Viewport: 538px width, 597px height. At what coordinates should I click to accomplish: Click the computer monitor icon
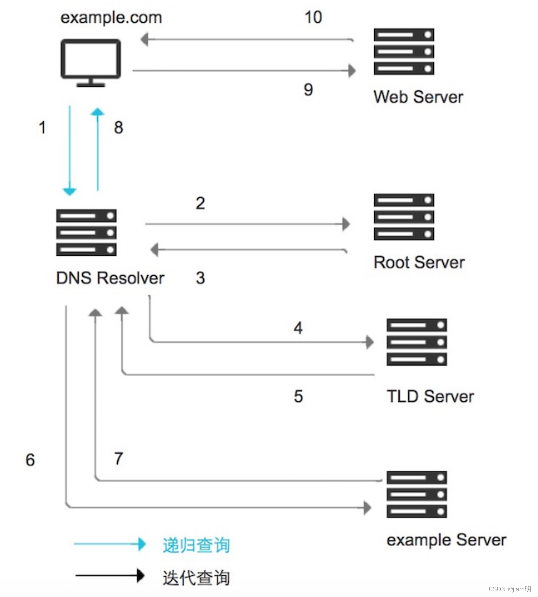pos(90,63)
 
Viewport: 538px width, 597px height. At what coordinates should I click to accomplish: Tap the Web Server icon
pos(404,52)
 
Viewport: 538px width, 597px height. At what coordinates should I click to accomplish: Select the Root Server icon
pos(404,217)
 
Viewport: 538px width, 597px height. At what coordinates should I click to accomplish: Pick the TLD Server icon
pos(417,342)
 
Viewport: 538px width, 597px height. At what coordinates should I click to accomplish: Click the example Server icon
pos(417,494)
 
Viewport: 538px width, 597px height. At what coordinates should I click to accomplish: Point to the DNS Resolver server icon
pos(86,233)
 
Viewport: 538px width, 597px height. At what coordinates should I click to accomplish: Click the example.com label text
pos(111,18)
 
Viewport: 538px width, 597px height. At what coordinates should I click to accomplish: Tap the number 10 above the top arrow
pos(313,17)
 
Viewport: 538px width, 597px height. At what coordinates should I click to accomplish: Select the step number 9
pos(308,90)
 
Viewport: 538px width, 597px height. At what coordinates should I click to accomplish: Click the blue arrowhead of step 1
pos(69,192)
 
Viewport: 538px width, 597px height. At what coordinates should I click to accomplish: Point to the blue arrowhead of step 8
pos(98,112)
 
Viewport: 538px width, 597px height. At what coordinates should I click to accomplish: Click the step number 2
pos(200,203)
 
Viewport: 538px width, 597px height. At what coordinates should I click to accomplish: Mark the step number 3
pos(200,278)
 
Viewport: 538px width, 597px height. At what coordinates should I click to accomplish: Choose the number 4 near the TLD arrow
pos(298,328)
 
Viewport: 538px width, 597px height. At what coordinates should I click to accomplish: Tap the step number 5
pos(298,396)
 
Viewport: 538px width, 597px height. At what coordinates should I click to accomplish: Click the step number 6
pos(30,460)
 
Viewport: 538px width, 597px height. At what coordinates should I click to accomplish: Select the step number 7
pos(118,458)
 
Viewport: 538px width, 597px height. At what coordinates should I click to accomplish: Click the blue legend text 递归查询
pos(196,545)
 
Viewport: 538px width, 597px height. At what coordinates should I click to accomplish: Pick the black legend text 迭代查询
pos(196,578)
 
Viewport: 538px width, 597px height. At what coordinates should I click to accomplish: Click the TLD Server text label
pos(430,396)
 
